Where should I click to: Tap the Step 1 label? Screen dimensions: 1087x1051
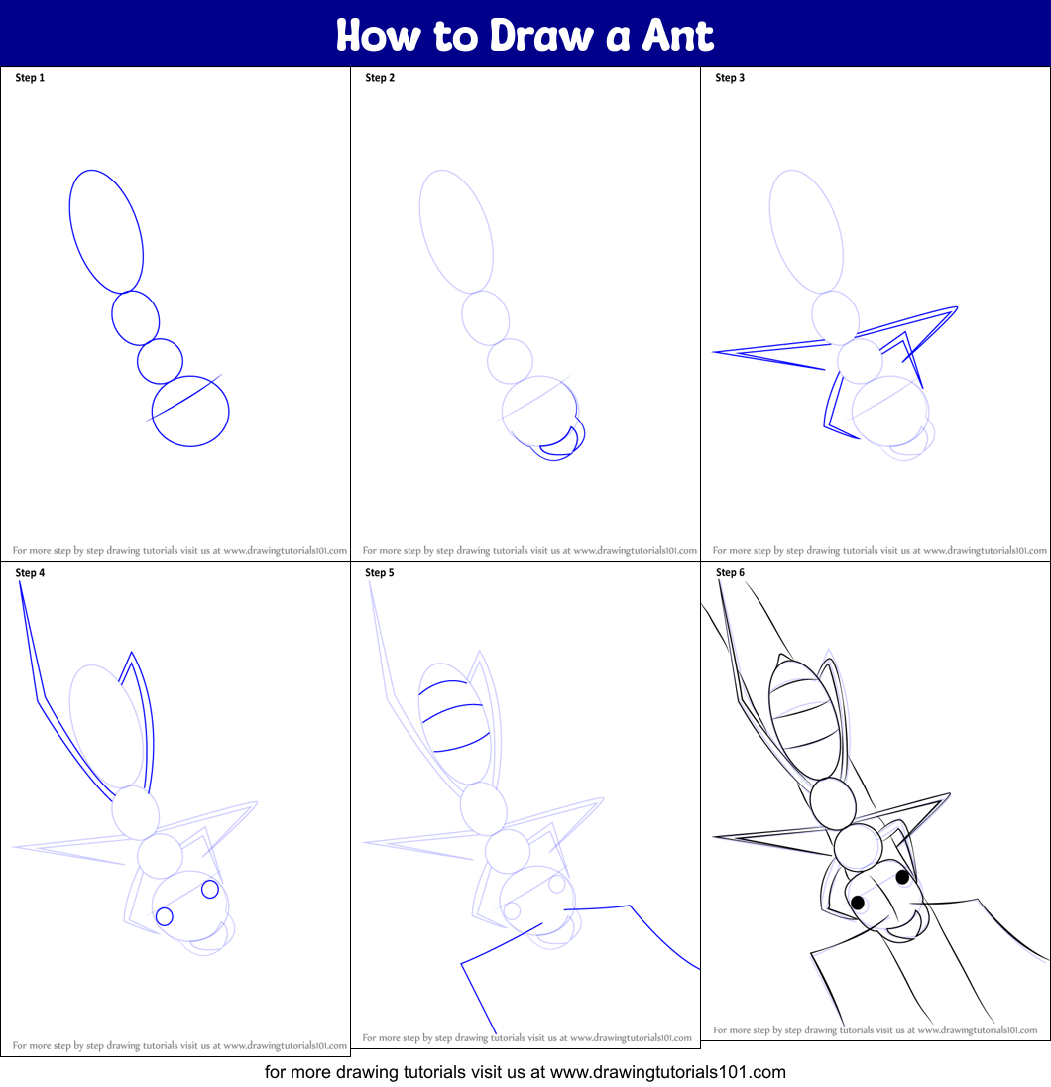(x=30, y=78)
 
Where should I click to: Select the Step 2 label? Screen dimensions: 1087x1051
(x=380, y=78)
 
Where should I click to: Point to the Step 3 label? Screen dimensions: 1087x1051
(x=730, y=78)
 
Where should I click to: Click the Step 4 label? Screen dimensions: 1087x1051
(x=30, y=573)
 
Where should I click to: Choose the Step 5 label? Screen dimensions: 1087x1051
(x=380, y=573)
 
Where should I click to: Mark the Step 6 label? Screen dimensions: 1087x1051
(x=730, y=573)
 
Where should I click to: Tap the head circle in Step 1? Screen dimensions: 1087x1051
(x=190, y=411)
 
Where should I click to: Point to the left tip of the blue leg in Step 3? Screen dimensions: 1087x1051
(x=715, y=352)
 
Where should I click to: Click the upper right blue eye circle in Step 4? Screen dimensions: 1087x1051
(x=210, y=889)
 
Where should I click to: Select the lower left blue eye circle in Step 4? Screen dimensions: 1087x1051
(x=165, y=915)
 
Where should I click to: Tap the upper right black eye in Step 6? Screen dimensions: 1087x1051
(x=902, y=877)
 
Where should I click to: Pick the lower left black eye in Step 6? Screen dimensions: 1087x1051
(x=858, y=903)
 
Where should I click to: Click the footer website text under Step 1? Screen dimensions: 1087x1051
(x=179, y=550)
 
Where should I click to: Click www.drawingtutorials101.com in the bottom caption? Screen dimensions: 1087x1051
(x=667, y=1072)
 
